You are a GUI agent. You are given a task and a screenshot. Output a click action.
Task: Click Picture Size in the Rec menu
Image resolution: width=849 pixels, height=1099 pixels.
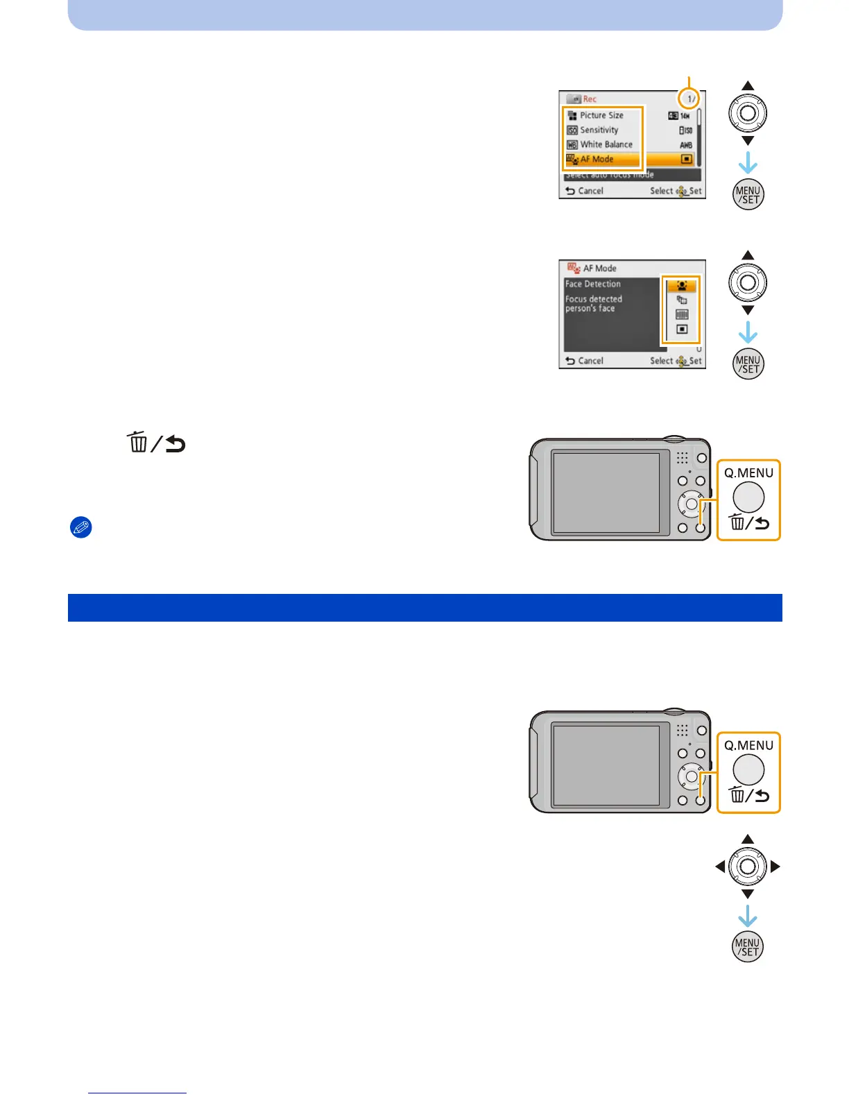(x=601, y=115)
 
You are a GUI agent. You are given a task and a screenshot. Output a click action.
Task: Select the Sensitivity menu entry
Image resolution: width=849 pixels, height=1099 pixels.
(x=599, y=130)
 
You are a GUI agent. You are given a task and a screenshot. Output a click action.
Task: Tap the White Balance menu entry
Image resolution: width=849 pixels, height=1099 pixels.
(x=606, y=144)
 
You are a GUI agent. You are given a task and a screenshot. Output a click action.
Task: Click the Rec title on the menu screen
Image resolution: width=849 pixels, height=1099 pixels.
(x=590, y=99)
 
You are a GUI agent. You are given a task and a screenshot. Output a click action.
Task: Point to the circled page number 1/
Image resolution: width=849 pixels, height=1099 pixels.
(x=690, y=99)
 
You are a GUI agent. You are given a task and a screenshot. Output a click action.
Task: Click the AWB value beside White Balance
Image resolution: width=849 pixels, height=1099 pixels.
(x=685, y=145)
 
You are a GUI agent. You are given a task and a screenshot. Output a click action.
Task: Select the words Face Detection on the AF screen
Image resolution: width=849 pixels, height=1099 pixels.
(x=593, y=284)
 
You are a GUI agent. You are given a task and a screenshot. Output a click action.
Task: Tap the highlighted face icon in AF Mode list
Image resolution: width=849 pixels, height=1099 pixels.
(x=682, y=286)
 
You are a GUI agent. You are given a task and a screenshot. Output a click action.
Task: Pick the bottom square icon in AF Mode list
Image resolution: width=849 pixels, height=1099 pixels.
(x=682, y=330)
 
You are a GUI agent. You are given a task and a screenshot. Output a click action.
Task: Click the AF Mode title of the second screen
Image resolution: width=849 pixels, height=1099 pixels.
(x=599, y=268)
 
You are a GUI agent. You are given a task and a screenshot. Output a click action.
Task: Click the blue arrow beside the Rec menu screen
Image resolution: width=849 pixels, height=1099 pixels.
(x=748, y=164)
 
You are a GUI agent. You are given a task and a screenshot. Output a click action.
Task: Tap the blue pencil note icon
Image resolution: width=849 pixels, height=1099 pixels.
(x=81, y=527)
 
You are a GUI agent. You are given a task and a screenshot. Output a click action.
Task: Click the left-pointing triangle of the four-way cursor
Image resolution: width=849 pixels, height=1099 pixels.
(x=720, y=867)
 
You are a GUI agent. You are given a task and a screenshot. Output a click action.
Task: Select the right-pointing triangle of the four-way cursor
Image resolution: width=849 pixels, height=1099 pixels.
(x=775, y=867)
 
